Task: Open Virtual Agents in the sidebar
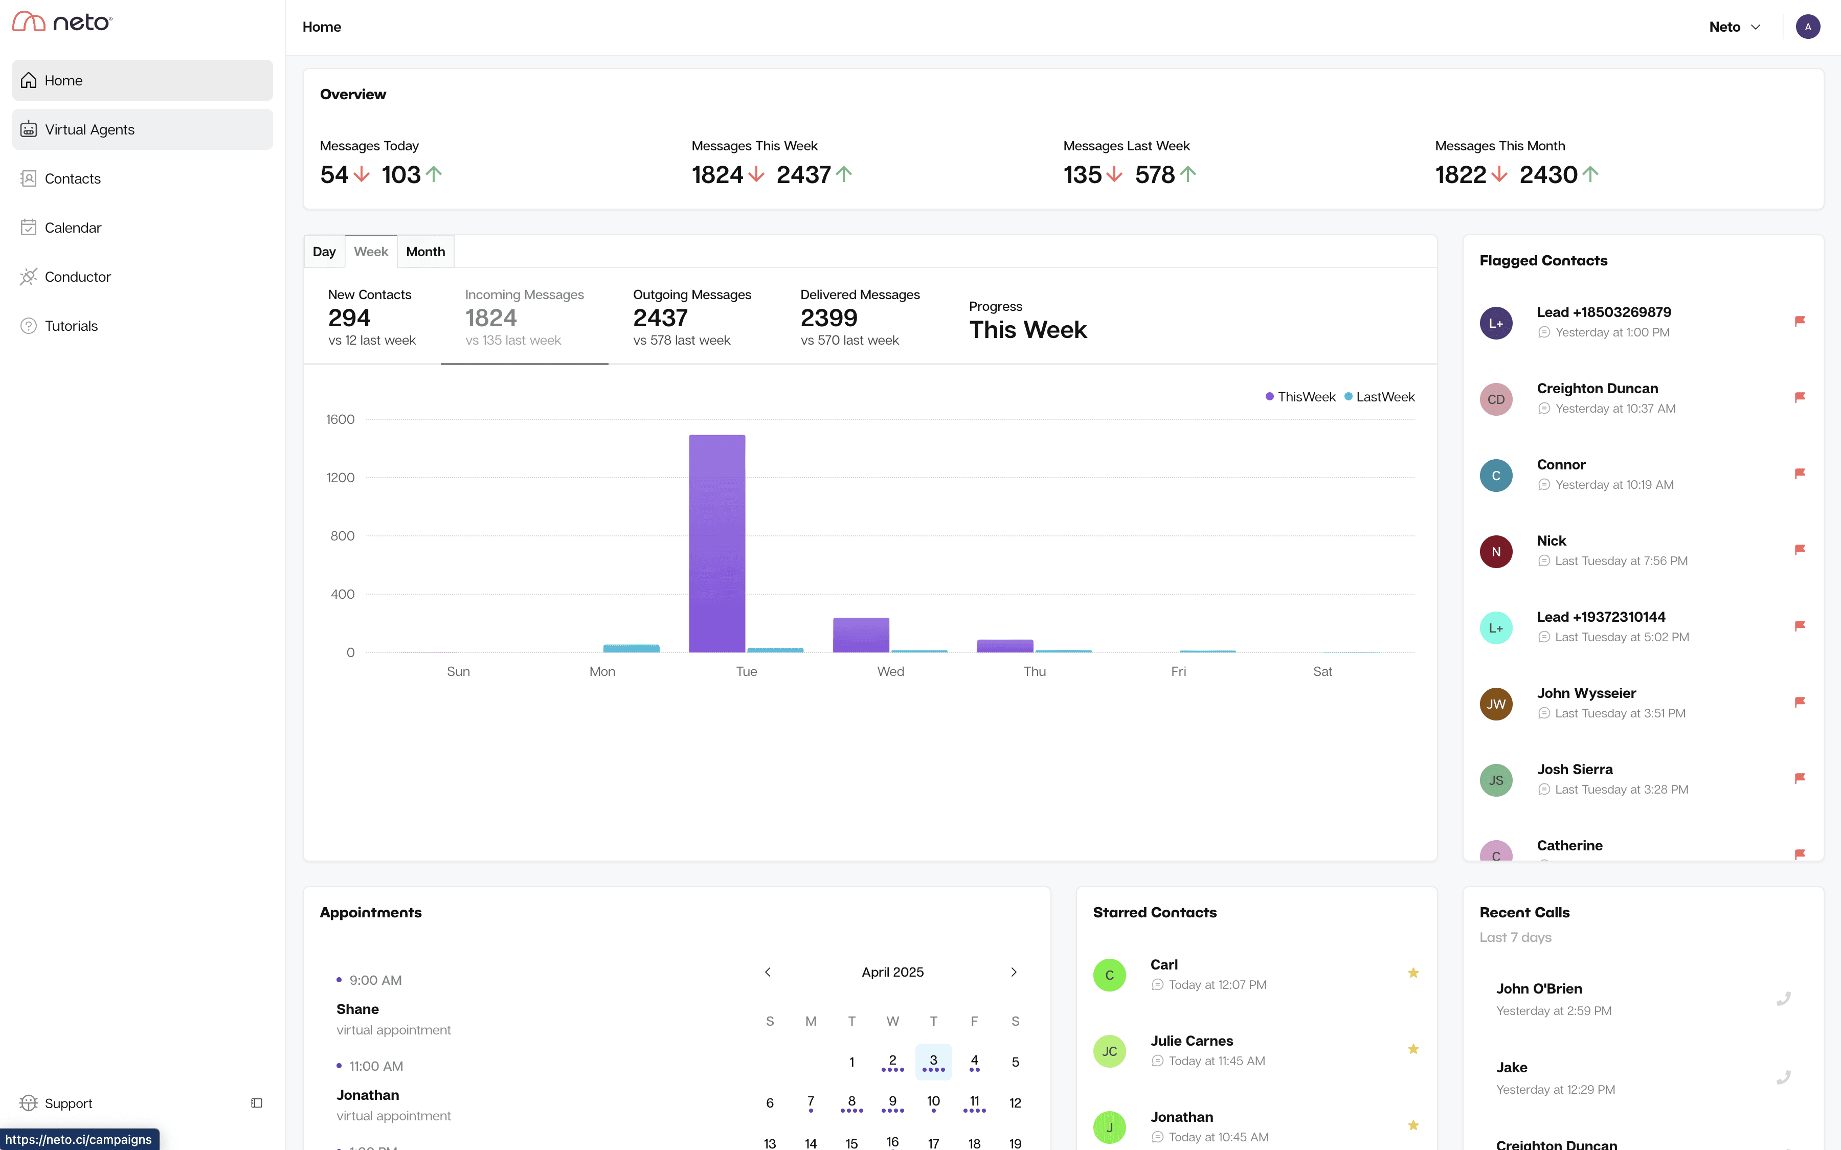pyautogui.click(x=89, y=129)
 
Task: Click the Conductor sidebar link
pyautogui.click(x=78, y=277)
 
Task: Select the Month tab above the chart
pyautogui.click(x=425, y=252)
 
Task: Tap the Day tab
pyautogui.click(x=324, y=252)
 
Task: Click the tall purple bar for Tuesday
pyautogui.click(x=716, y=544)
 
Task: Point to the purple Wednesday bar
pyautogui.click(x=861, y=635)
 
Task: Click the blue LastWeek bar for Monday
pyautogui.click(x=631, y=648)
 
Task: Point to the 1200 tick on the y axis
pyautogui.click(x=340, y=478)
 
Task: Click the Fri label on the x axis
pyautogui.click(x=1178, y=671)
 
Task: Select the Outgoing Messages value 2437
pyautogui.click(x=660, y=318)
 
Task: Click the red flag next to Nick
pyautogui.click(x=1799, y=550)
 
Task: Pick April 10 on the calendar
pyautogui.click(x=933, y=1101)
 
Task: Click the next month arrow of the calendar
pyautogui.click(x=1013, y=972)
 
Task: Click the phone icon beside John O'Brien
pyautogui.click(x=1783, y=999)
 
